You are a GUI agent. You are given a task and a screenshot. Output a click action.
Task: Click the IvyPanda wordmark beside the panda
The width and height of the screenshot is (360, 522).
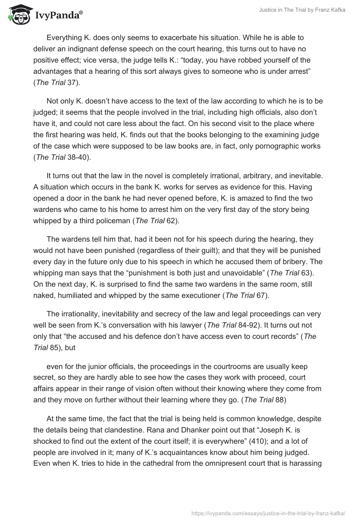(x=58, y=16)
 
